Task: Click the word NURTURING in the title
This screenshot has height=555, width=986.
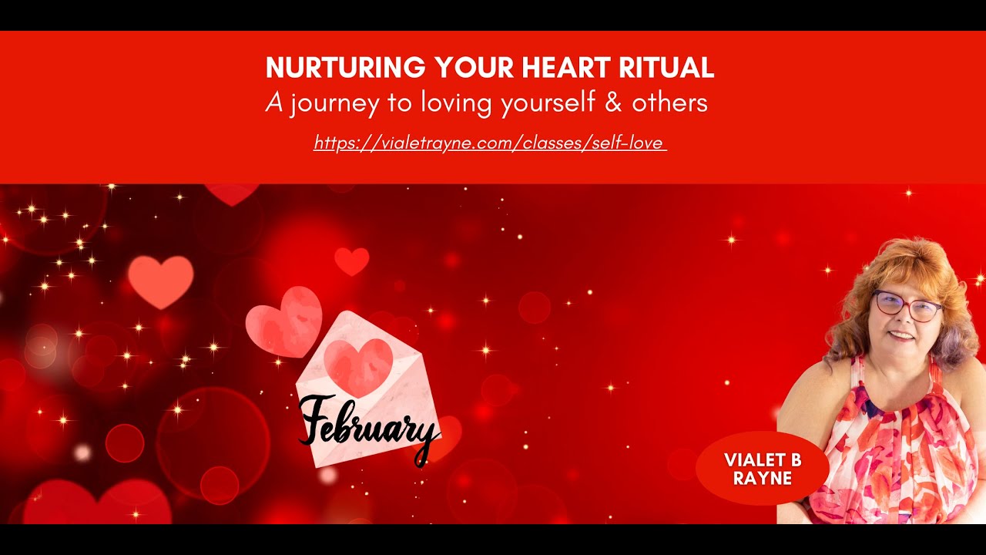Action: (346, 68)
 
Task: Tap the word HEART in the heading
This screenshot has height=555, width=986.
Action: (567, 68)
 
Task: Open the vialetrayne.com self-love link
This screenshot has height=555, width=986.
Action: (490, 143)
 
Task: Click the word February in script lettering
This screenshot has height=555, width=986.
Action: (367, 425)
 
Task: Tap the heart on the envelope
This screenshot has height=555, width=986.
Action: (358, 366)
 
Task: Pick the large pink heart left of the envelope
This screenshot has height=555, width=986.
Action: (160, 280)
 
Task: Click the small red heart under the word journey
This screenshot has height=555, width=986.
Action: (351, 261)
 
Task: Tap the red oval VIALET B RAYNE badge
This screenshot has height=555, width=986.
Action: (762, 469)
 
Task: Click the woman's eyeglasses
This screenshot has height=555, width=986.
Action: (907, 305)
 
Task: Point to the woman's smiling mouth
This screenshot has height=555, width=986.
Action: (902, 335)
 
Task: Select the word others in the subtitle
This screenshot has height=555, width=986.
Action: (669, 103)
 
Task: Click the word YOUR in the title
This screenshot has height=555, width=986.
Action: (472, 68)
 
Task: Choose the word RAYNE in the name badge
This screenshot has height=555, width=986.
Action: (763, 478)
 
